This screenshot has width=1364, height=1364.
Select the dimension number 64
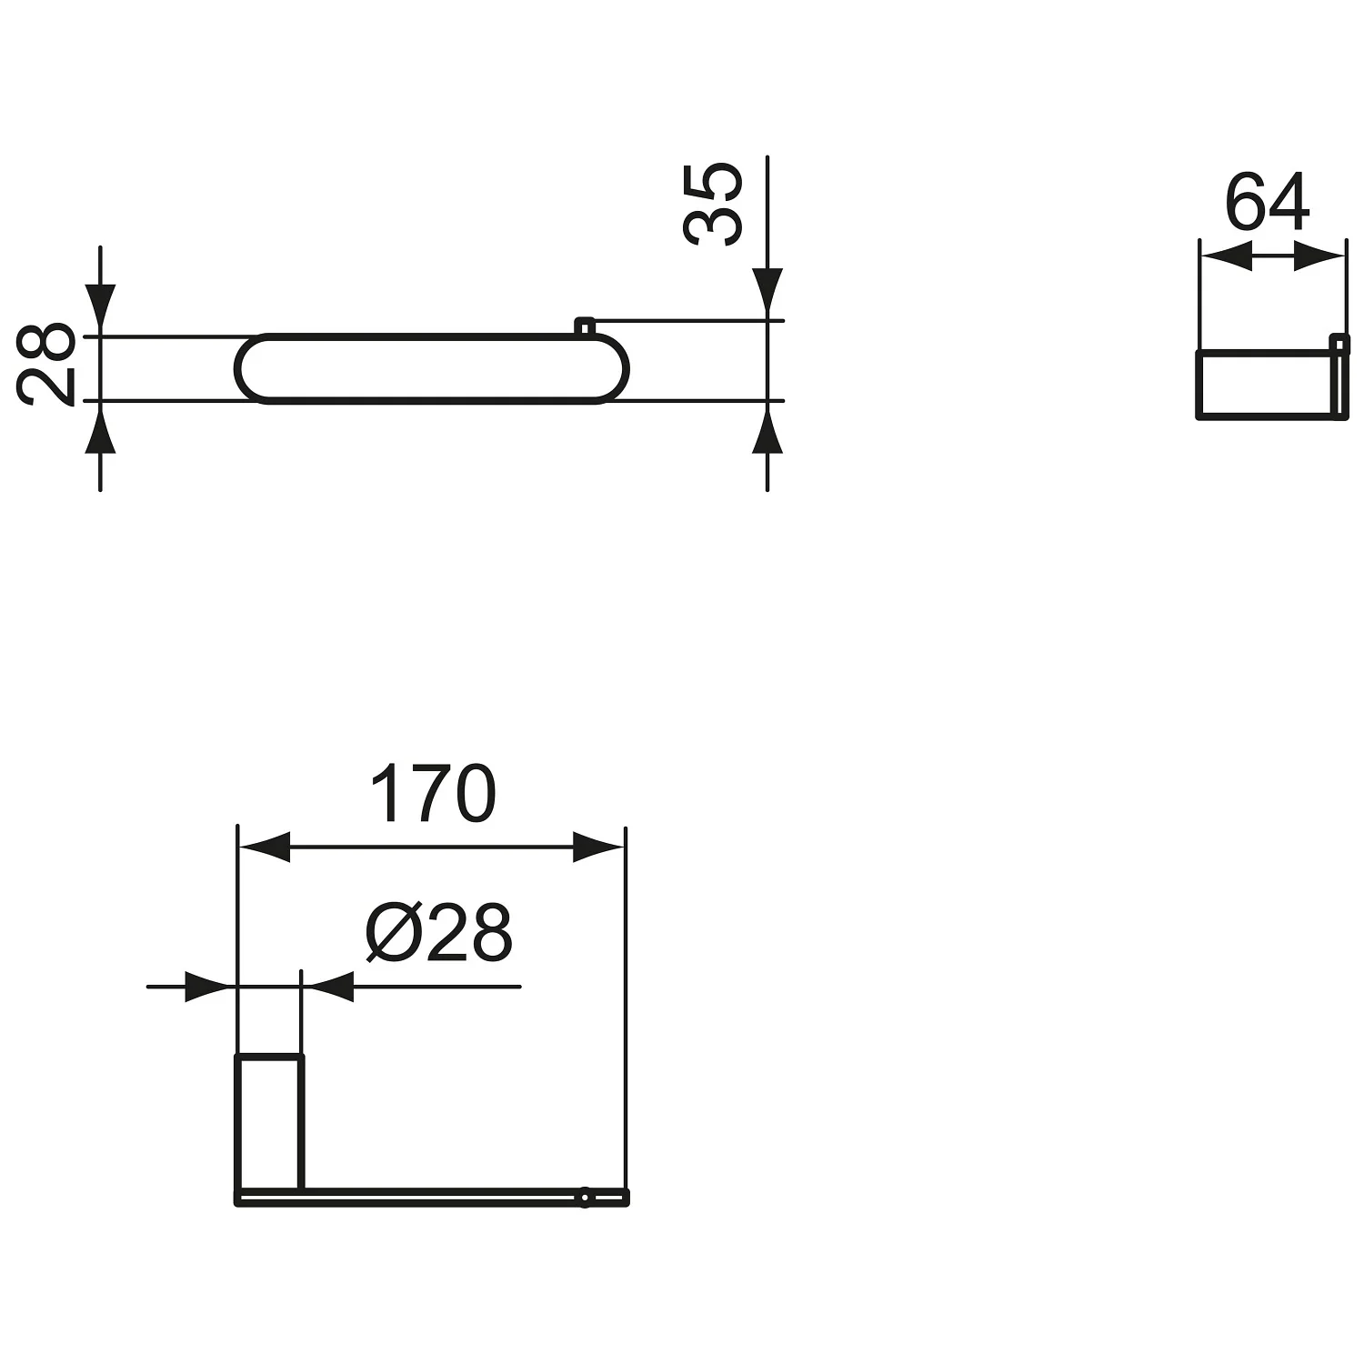point(1268,203)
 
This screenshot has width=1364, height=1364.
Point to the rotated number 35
point(713,205)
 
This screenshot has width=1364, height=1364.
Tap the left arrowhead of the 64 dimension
point(1227,256)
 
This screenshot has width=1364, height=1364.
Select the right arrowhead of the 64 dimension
point(1319,256)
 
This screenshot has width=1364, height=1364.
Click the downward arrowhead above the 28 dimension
point(100,311)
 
